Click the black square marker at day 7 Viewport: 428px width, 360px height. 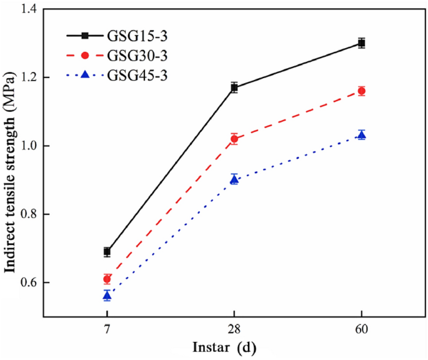click(x=107, y=252)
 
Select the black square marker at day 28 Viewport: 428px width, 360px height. click(x=234, y=87)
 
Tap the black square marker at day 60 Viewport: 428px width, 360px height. click(x=361, y=43)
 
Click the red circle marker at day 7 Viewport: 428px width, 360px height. click(x=107, y=279)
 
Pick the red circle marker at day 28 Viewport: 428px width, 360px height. click(x=234, y=139)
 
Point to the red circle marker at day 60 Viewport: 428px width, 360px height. click(x=361, y=91)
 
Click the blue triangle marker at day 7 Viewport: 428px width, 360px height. click(x=107, y=295)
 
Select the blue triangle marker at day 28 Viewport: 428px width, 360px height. click(x=234, y=179)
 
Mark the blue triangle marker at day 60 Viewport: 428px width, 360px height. click(x=361, y=135)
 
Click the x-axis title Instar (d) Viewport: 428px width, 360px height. click(x=224, y=347)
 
